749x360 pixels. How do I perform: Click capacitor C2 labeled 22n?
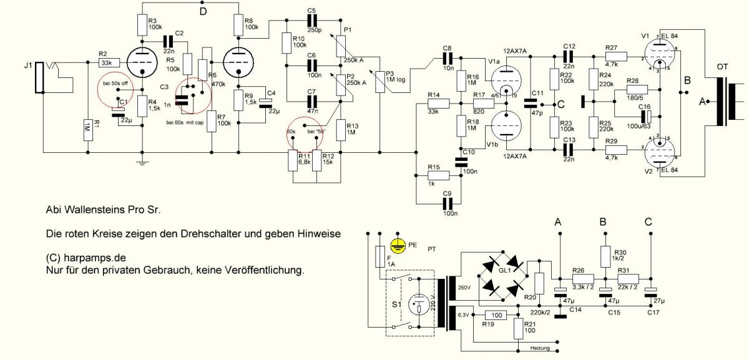168,42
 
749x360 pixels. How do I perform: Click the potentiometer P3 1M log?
380,82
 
